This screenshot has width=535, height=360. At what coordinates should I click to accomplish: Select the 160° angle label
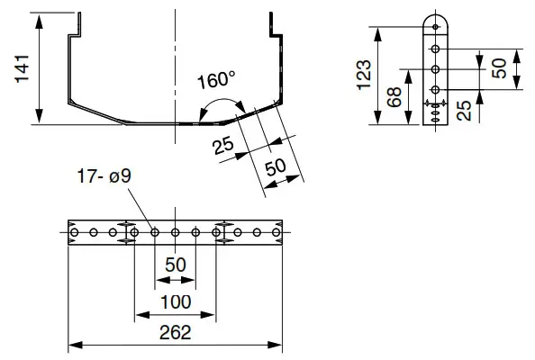(x=216, y=79)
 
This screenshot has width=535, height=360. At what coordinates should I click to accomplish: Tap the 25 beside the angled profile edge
(x=223, y=145)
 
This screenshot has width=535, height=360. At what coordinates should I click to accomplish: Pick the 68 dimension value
(x=394, y=97)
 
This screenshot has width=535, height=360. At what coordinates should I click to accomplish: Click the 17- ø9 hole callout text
(x=104, y=177)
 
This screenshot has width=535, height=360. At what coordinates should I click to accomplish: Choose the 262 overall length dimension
(x=175, y=332)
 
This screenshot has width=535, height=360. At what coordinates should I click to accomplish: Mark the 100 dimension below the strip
(x=175, y=301)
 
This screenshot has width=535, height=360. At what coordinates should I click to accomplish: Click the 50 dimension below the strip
(x=175, y=267)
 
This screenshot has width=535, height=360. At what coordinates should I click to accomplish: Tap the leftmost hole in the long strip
(x=73, y=233)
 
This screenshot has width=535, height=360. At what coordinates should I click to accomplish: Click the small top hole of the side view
(x=435, y=27)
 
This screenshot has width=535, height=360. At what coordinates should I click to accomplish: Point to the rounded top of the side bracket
(x=435, y=16)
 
